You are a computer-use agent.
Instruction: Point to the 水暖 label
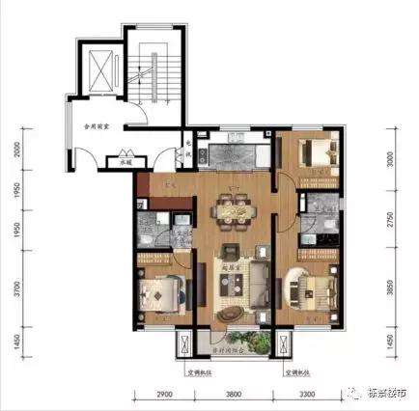[125, 163]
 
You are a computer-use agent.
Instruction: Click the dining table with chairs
[233, 206]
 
